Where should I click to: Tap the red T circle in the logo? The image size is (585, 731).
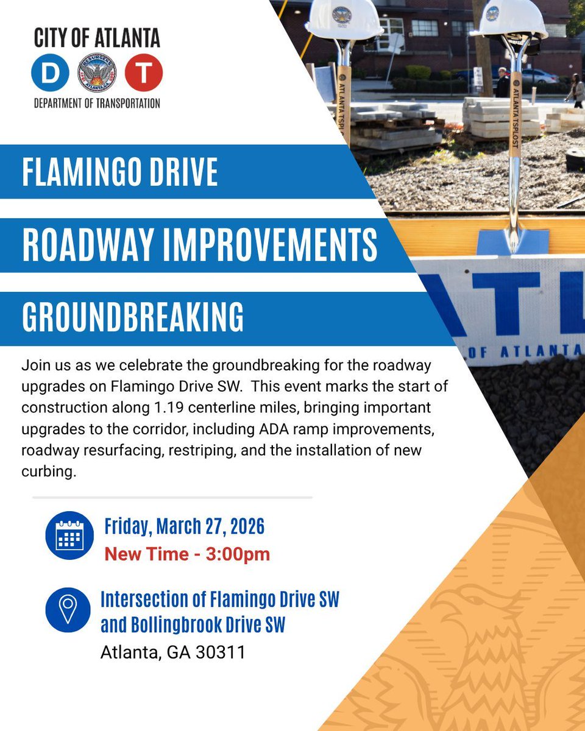(x=144, y=72)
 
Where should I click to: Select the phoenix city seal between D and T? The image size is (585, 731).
(x=96, y=72)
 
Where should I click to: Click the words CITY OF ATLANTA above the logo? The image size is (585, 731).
(x=97, y=38)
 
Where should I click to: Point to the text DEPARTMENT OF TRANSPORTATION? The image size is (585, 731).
(x=97, y=103)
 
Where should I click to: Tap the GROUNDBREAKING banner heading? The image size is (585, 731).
(x=133, y=317)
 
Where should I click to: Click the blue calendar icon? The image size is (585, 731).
(x=69, y=535)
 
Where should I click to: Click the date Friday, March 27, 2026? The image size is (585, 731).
(x=184, y=526)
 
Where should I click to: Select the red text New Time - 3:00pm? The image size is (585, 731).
(x=187, y=554)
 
